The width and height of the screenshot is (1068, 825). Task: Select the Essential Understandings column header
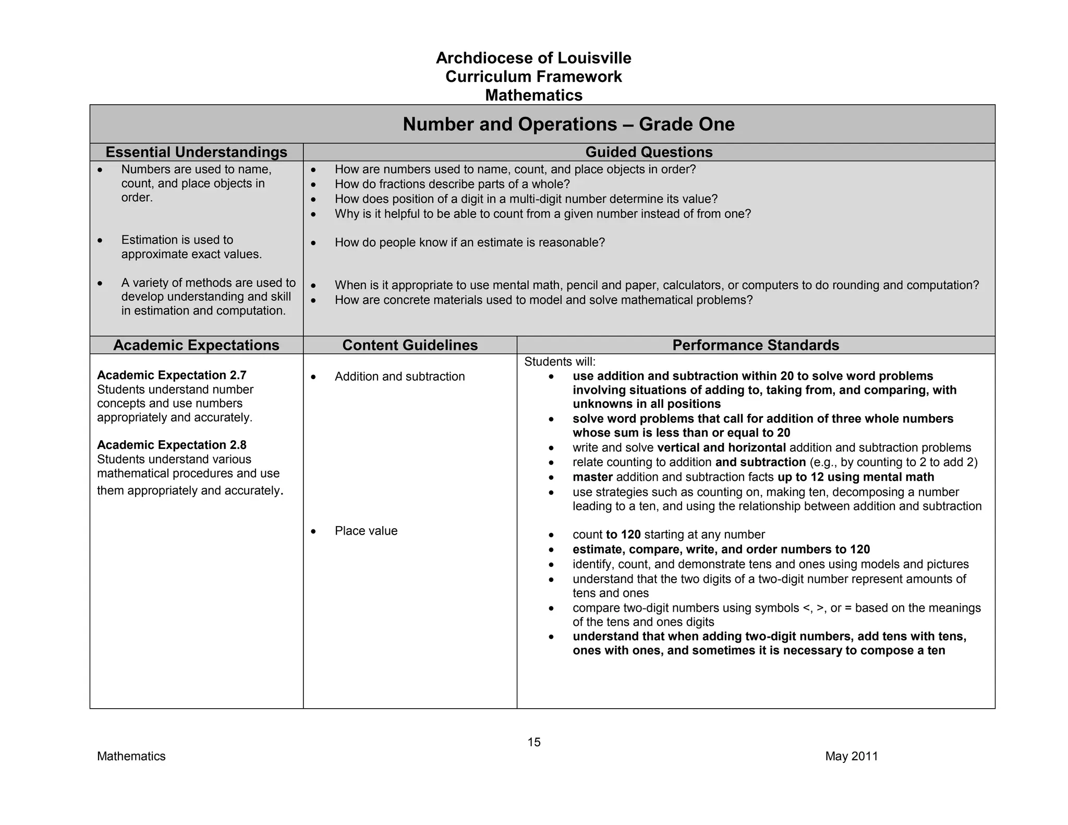(x=196, y=152)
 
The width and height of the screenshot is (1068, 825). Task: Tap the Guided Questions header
(x=649, y=152)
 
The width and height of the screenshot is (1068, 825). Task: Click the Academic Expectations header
(x=196, y=345)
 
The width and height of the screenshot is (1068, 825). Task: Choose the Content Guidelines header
(x=410, y=345)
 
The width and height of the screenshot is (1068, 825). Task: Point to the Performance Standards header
(x=756, y=345)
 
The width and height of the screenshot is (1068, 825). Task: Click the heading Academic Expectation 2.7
(x=172, y=375)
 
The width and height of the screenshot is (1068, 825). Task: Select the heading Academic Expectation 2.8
(x=172, y=445)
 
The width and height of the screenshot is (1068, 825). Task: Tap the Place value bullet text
(x=366, y=531)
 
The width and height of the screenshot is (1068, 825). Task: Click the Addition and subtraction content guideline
(x=399, y=377)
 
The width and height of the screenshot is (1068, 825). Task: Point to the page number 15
(x=534, y=742)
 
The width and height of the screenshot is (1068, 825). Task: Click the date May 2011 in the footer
(x=852, y=756)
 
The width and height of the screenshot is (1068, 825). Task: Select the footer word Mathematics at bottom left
(x=131, y=756)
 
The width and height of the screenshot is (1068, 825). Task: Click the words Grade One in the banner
(x=687, y=124)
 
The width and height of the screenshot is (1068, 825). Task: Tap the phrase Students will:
(x=560, y=361)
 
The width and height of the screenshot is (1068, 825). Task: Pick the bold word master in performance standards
(x=592, y=477)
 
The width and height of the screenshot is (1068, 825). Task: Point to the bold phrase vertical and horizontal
(x=721, y=447)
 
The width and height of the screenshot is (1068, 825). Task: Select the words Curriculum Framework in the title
(x=533, y=77)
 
